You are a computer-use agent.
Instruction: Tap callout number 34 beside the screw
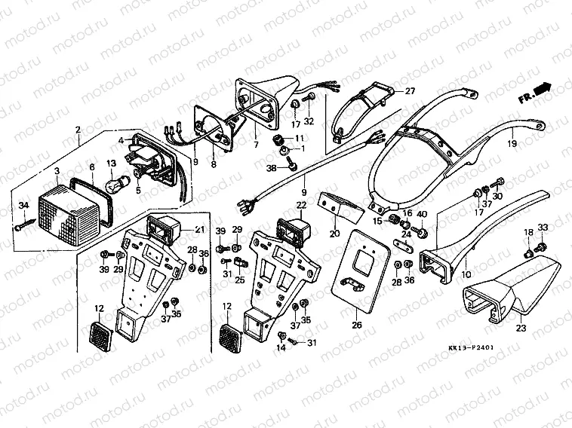(23, 206)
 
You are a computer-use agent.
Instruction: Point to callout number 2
(78, 130)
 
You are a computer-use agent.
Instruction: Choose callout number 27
(410, 91)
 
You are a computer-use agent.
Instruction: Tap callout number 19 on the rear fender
(511, 142)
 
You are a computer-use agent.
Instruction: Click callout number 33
(542, 228)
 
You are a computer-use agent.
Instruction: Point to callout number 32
(309, 121)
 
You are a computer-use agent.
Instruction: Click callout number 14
(281, 348)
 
